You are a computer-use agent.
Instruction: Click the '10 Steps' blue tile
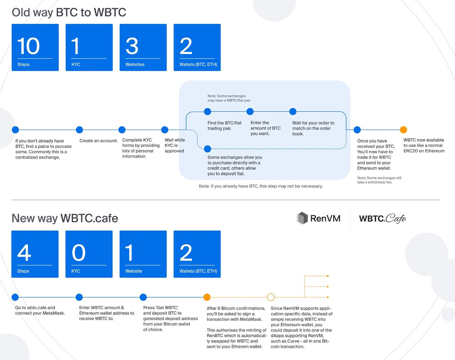click(x=35, y=47)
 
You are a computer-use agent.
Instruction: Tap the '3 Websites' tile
click(x=143, y=47)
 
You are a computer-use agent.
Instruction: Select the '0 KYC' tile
click(x=89, y=254)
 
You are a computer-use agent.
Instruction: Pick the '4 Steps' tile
click(x=35, y=254)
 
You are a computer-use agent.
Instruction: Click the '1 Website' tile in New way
click(x=143, y=254)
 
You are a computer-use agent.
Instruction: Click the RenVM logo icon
click(x=302, y=218)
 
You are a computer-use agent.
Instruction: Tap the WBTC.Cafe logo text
click(x=382, y=218)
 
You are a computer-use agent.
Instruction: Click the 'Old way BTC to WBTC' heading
click(x=69, y=12)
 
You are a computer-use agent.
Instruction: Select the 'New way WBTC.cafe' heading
click(x=65, y=218)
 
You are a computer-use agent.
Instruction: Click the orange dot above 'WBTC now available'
click(x=403, y=130)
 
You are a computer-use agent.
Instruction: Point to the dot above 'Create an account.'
click(x=80, y=130)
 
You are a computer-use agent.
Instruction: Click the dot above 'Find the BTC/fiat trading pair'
click(x=208, y=112)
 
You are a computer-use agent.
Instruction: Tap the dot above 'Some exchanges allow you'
click(x=208, y=149)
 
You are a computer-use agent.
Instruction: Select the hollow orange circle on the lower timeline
click(x=271, y=297)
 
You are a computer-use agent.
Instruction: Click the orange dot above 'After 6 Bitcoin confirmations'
click(x=207, y=297)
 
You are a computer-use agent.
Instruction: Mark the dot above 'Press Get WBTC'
click(x=143, y=297)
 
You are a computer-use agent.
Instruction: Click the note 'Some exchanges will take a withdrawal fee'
click(x=379, y=180)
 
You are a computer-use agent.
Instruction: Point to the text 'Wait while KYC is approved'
click(x=175, y=145)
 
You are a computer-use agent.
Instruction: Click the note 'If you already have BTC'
click(x=261, y=186)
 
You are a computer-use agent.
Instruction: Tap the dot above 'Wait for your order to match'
click(x=293, y=112)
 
